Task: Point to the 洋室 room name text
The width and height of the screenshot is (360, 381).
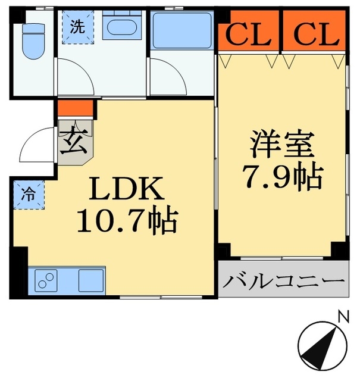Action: [282, 144]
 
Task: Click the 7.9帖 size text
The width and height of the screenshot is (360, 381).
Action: [282, 176]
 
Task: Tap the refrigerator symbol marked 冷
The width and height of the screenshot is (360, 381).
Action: [29, 193]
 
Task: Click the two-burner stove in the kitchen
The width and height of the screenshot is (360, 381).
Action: [46, 280]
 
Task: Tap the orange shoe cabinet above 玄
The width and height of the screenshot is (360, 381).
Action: [76, 108]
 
